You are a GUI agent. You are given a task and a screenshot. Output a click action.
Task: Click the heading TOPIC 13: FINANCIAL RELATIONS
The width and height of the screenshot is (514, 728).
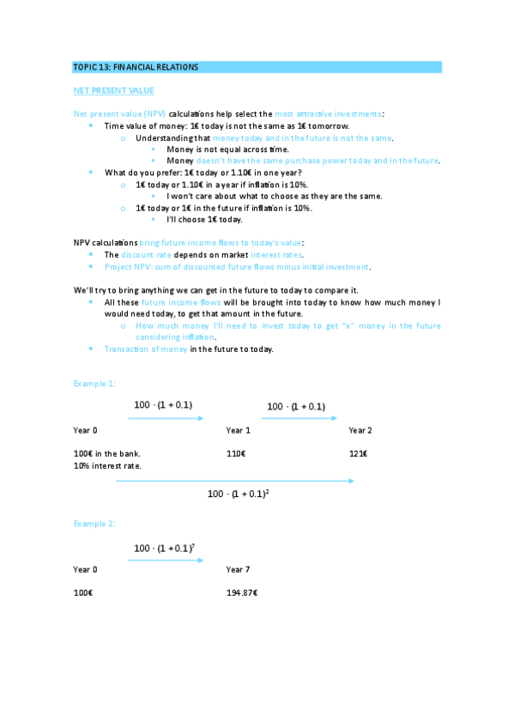136,67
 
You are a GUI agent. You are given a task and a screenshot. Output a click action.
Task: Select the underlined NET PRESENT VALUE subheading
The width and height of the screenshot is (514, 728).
113,90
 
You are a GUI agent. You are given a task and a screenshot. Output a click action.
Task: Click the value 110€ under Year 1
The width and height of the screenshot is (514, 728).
236,453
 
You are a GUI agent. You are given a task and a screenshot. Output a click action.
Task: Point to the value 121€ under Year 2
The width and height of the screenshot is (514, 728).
358,453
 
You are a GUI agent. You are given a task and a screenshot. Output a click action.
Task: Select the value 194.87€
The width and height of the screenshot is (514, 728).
242,593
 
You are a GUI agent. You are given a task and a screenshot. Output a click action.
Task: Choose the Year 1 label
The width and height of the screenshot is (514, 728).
238,429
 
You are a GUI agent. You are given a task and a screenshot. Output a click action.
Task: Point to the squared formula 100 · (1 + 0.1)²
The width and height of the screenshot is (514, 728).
245,494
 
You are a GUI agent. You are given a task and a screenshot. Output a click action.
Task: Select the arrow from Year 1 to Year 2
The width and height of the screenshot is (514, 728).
294,418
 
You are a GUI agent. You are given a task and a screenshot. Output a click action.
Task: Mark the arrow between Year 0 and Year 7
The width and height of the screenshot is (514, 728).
166,560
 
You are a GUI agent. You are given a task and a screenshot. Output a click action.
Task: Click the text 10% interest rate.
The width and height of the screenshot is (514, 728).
107,465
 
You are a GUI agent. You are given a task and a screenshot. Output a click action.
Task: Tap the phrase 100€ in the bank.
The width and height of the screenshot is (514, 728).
106,453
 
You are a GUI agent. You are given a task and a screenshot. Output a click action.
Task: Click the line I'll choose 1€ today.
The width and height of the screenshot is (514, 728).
198,219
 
